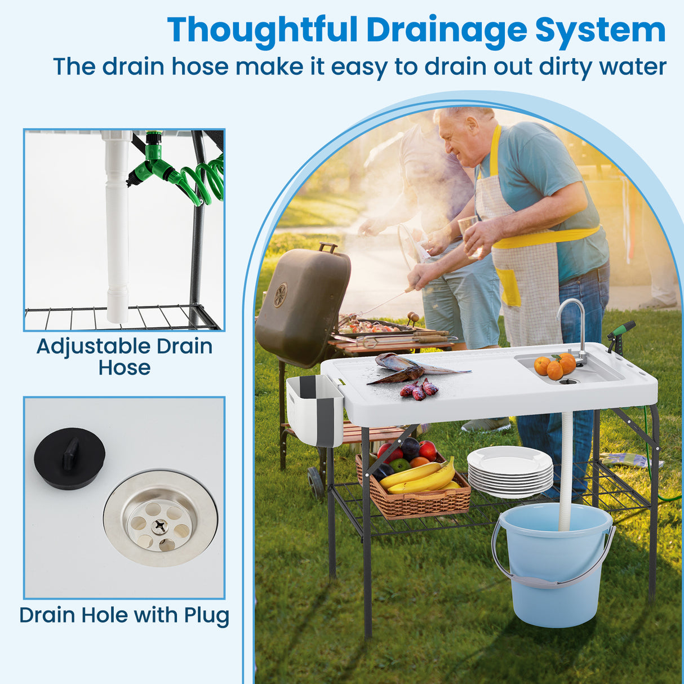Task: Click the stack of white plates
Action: coord(510,472)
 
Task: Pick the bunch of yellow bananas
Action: coord(420,478)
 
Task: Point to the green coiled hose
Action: coord(205,180)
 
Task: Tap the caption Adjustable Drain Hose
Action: coord(125,357)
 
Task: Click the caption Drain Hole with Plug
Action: coord(125,615)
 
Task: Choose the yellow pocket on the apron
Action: coord(510,288)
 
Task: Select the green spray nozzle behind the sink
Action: coord(621,330)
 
